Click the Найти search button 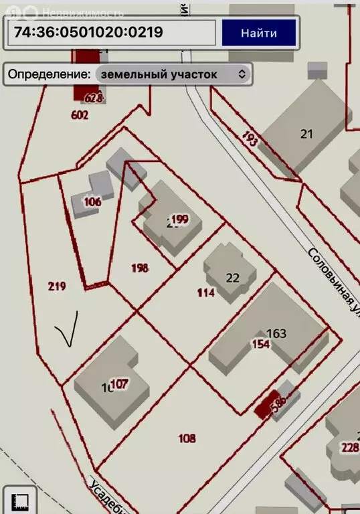coord(259,32)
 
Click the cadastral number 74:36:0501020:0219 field coord(112,32)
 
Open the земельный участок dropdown coord(173,74)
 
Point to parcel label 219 coord(57,286)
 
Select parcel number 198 coord(140,268)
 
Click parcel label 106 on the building coord(92,201)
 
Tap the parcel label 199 coord(179,218)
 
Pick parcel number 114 coord(205,292)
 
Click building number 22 coord(232,278)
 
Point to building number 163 coord(276,333)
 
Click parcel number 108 coord(187,438)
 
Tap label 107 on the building coord(119,384)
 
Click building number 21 coord(306,134)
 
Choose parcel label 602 coord(80,114)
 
